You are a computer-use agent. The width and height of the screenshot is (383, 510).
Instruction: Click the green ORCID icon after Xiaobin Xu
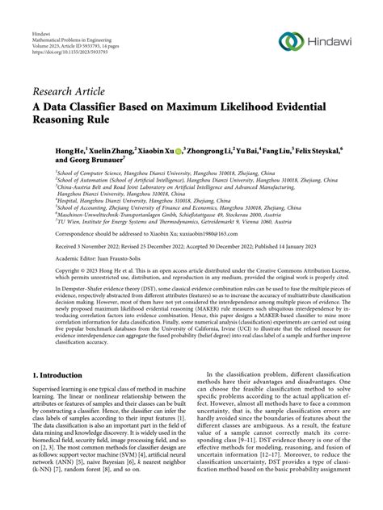177,151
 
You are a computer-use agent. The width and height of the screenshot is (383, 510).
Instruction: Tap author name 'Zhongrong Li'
208,151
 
